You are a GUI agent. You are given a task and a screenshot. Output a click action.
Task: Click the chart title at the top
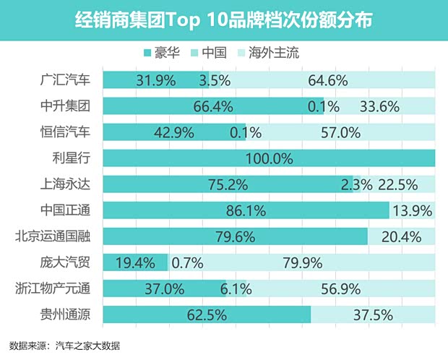(224, 20)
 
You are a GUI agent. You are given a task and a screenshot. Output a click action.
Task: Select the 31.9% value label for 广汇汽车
(155, 80)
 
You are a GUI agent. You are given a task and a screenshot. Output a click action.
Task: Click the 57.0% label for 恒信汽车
(339, 132)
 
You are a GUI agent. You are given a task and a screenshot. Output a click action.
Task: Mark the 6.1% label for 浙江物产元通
(236, 289)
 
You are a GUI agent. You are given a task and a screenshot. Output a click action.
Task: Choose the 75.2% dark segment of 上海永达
(227, 184)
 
